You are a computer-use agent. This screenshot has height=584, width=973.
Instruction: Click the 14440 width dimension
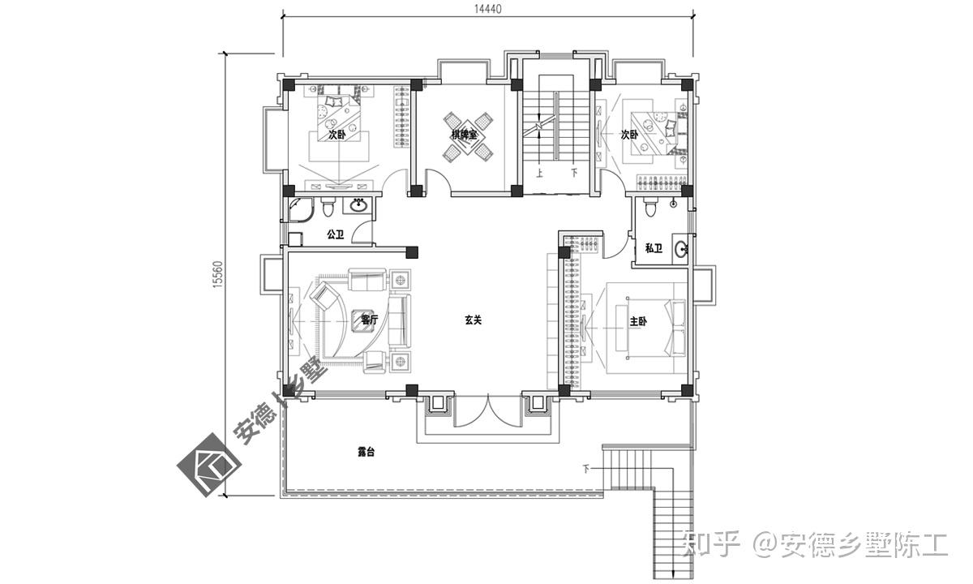click(x=487, y=9)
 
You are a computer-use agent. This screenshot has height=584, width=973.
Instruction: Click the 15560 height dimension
click(x=217, y=274)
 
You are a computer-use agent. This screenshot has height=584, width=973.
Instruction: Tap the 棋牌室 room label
click(x=464, y=135)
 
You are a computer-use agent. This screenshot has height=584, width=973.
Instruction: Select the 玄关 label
click(x=473, y=320)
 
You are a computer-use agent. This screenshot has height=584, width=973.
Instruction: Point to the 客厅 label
click(x=369, y=320)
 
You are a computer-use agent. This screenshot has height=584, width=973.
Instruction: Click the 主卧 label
click(x=638, y=321)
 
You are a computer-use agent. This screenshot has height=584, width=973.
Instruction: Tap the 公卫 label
click(x=336, y=234)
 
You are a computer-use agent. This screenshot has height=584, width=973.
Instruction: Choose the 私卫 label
click(x=654, y=248)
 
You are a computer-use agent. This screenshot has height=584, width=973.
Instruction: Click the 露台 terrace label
click(x=366, y=452)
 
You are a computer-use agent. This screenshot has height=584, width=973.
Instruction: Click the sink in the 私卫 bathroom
click(x=681, y=249)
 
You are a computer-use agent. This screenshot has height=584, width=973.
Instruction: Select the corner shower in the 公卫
click(x=300, y=212)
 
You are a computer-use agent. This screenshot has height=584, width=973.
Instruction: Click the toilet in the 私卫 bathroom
click(x=650, y=208)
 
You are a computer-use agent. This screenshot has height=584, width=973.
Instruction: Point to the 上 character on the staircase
click(x=539, y=174)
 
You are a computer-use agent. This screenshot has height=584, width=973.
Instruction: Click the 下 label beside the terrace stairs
click(x=586, y=470)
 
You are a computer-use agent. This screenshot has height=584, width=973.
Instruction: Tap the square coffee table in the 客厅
click(x=362, y=320)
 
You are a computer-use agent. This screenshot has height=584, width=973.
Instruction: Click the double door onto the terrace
click(x=487, y=411)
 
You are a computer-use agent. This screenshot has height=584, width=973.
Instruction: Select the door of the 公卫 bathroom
click(x=362, y=231)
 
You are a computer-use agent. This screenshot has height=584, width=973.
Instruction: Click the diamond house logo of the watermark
click(x=209, y=465)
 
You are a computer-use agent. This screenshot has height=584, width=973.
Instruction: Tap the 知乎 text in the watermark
click(x=710, y=544)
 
